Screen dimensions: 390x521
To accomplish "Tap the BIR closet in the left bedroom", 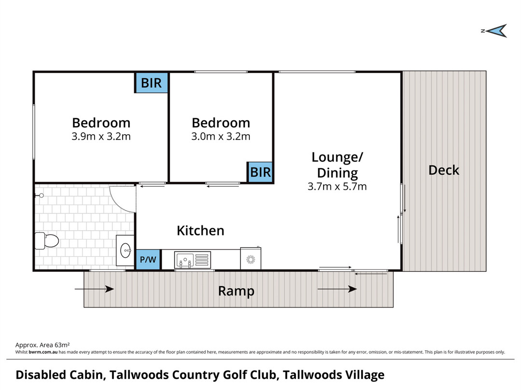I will tap(151, 83).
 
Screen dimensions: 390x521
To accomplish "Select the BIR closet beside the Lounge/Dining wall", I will tap(260, 172).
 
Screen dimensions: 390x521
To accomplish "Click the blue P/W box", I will tap(148, 260).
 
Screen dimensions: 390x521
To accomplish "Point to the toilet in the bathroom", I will tap(47, 240).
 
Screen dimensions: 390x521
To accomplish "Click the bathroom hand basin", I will tap(126, 250).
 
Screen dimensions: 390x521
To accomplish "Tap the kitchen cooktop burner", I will tap(250, 259).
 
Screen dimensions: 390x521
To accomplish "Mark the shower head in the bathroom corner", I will tap(41, 195).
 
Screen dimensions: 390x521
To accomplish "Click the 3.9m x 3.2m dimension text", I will tap(101, 136).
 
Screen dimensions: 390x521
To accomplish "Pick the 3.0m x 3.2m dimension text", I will tap(220, 136).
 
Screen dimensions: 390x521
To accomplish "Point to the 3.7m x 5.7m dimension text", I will tap(337, 186).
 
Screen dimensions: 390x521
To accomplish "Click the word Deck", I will tap(444, 170).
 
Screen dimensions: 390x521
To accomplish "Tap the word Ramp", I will tap(236, 291).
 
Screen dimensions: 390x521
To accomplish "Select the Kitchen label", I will tap(200, 231).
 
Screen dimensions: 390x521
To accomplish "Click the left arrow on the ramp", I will tap(95, 289).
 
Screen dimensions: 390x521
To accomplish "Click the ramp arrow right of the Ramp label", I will tap(337, 289).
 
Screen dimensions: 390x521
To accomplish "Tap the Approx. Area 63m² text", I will tap(43, 345).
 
